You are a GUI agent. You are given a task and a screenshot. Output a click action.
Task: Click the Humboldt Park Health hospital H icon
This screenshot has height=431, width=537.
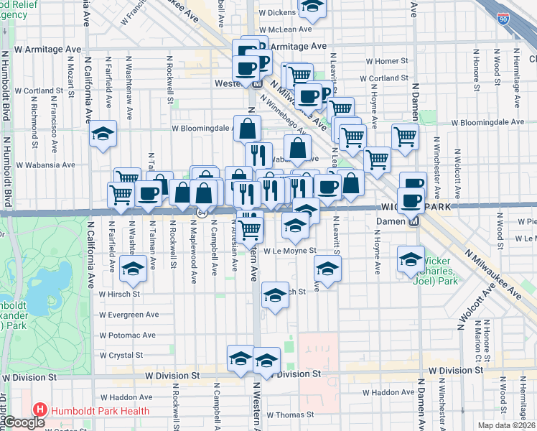(40, 411)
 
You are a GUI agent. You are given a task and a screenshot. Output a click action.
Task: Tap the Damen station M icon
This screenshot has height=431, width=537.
(414, 221)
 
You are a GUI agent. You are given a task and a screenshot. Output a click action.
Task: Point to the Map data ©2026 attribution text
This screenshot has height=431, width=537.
(507, 425)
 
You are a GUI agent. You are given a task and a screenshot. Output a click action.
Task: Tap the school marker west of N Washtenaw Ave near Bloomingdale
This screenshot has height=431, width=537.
(103, 134)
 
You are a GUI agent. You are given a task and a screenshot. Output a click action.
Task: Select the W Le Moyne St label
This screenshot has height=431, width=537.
(289, 251)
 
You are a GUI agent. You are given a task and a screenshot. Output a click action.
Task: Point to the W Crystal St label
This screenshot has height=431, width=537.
(121, 355)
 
